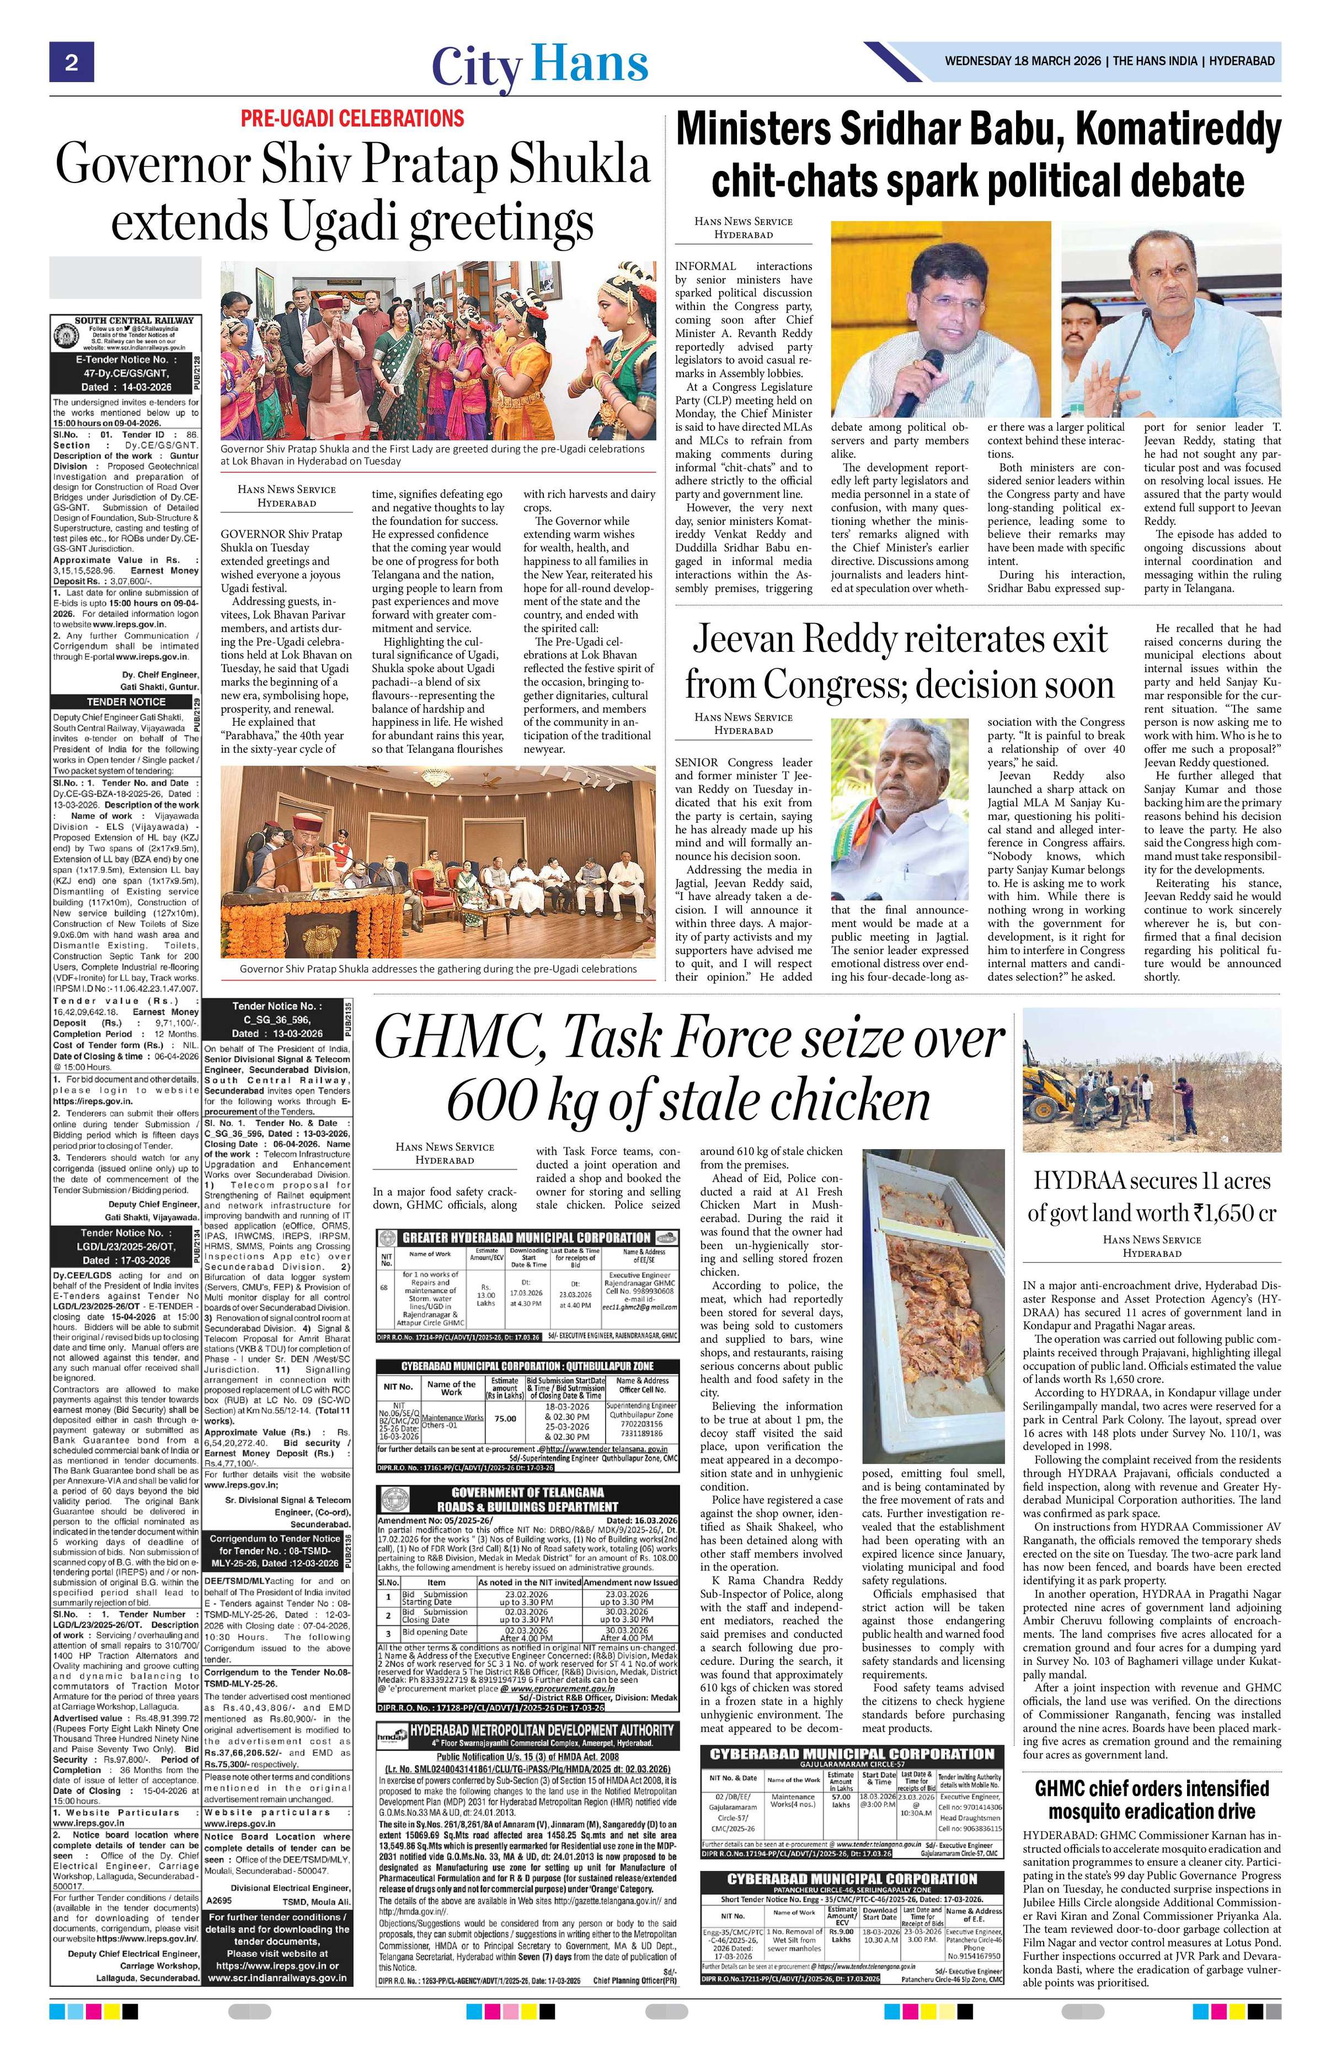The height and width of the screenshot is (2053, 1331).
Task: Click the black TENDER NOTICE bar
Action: (125, 701)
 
